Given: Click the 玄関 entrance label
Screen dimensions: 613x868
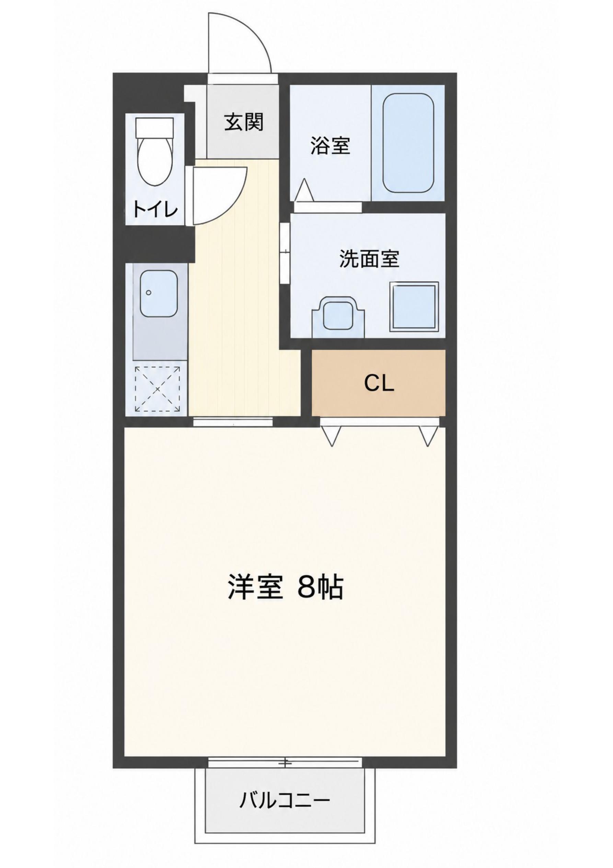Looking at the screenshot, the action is click(244, 122).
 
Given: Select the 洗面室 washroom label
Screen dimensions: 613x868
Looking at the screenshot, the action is click(369, 259).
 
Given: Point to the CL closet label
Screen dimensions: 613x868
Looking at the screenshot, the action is click(379, 384).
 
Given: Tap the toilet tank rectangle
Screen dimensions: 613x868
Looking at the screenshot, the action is click(155, 127).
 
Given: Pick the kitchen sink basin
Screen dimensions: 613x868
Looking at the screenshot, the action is click(159, 294).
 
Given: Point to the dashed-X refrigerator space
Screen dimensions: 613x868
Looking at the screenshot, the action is click(158, 388).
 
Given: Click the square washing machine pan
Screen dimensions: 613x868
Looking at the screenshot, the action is click(414, 307).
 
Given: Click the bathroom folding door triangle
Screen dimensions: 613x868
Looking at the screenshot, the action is click(304, 190).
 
